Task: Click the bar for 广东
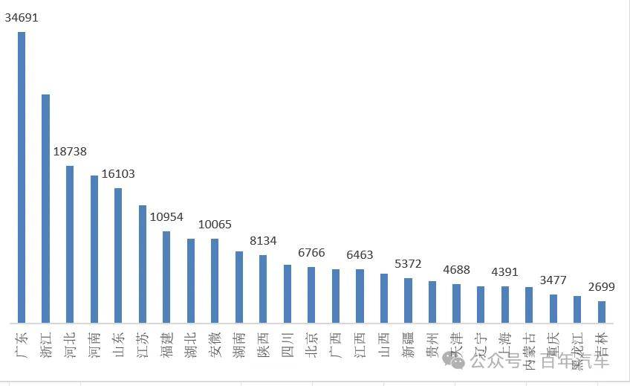[22, 178]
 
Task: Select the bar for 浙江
[45, 209]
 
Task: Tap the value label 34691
[22, 17]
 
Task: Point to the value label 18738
[70, 151]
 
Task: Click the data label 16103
[118, 173]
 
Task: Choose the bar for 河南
[94, 249]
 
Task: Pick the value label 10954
[166, 216]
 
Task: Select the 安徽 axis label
[215, 343]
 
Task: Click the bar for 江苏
[143, 264]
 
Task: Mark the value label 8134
[263, 240]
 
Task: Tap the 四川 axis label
[287, 343]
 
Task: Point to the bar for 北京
[311, 295]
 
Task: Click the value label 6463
[360, 254]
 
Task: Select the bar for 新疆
[408, 300]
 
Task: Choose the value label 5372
[408, 263]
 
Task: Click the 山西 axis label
[384, 343]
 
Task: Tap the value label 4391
[504, 271]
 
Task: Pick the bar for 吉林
[602, 312]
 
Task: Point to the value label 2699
[602, 286]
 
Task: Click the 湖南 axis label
[239, 343]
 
